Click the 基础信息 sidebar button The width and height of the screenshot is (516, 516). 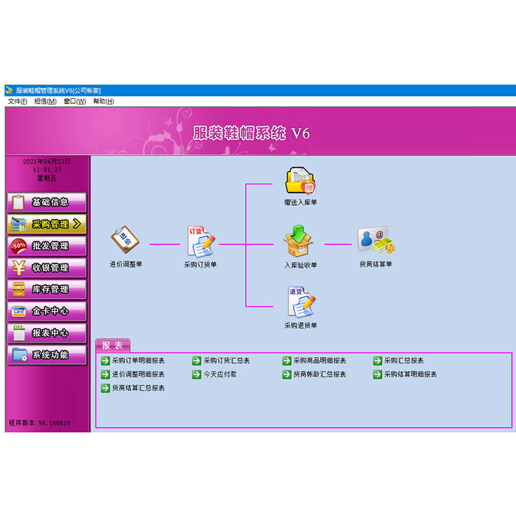(x=47, y=202)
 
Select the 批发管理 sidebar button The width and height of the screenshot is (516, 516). (x=47, y=246)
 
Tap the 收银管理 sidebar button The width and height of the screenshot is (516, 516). (x=47, y=268)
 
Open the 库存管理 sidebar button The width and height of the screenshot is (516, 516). (x=47, y=289)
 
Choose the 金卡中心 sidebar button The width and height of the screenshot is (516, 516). (x=47, y=311)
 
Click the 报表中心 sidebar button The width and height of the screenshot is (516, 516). (x=47, y=333)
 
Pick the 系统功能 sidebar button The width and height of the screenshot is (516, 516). (x=47, y=355)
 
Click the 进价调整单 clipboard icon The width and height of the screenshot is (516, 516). (x=125, y=239)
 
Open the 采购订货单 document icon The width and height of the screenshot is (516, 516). (x=201, y=241)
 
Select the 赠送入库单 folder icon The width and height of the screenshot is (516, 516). (x=300, y=181)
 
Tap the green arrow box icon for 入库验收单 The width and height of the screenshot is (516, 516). (x=298, y=241)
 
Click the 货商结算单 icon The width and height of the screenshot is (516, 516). (x=376, y=240)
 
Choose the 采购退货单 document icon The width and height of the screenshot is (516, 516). (x=301, y=302)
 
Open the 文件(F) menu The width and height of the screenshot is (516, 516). (x=17, y=101)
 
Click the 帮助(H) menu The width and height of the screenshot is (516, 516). (x=103, y=101)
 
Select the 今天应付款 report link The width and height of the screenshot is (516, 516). (x=215, y=374)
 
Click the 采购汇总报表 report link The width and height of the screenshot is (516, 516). (x=398, y=361)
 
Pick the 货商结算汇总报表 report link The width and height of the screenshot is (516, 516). (x=133, y=388)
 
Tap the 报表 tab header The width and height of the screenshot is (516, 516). (x=113, y=345)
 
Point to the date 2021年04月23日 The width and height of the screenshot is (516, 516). (x=47, y=161)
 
